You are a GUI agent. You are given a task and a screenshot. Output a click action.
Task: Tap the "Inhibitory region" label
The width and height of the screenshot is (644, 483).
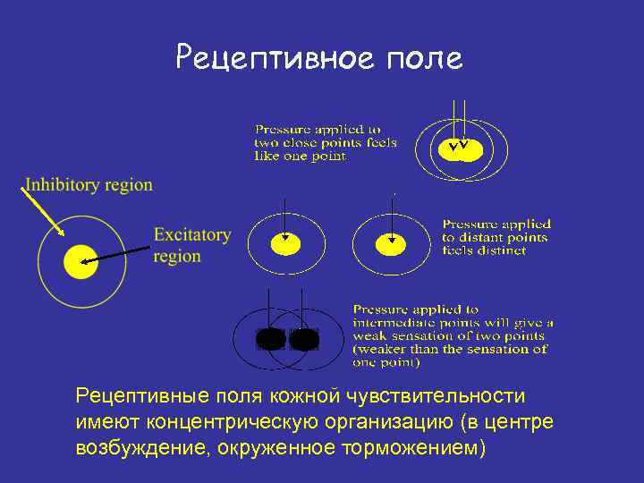tap(89, 185)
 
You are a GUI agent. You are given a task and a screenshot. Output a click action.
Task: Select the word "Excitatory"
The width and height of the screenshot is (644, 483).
tap(191, 235)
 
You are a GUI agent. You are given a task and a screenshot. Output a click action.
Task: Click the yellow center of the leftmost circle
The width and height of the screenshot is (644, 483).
tap(80, 261)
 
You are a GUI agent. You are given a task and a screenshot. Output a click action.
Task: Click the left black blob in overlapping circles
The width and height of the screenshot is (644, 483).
tap(270, 339)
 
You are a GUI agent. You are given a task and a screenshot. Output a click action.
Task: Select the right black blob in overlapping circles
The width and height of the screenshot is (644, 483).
tap(304, 339)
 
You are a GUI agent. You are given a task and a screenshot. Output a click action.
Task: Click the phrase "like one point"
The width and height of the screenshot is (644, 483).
tap(300, 156)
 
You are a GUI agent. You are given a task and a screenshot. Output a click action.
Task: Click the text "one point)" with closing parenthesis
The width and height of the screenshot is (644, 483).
tap(386, 362)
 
